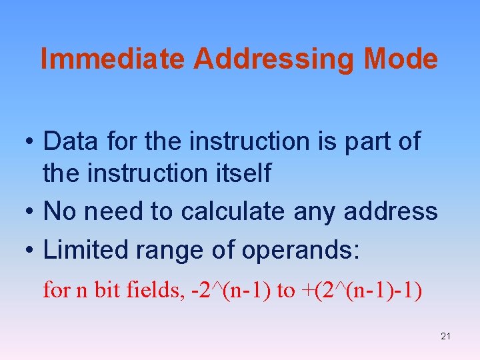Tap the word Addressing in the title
(x=275, y=59)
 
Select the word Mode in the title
(x=401, y=59)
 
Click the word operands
(x=301, y=250)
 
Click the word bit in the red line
(x=106, y=291)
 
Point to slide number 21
(x=445, y=336)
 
